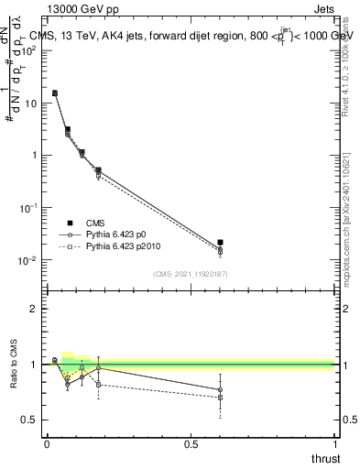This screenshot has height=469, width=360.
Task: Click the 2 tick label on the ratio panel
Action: [35, 309]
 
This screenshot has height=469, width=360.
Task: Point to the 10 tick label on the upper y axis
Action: [31, 104]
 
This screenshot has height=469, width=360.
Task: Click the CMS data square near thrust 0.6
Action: [221, 242]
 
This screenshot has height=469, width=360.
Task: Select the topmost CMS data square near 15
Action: [55, 93]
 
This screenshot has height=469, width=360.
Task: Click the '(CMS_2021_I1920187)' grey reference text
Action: [190, 273]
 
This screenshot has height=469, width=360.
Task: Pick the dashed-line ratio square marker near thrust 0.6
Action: [221, 398]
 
